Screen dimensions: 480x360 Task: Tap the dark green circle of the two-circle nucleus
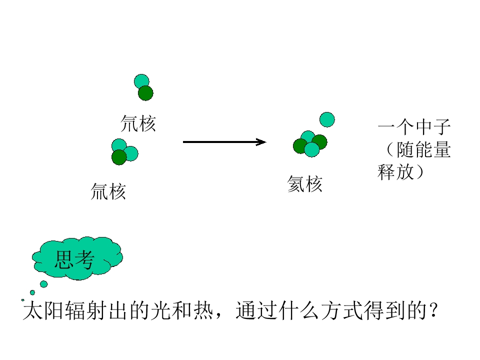pyautogui.click(x=145, y=93)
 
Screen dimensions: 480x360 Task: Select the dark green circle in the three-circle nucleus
pyautogui.click(x=119, y=157)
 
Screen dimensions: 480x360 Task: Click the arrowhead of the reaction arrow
pyautogui.click(x=261, y=142)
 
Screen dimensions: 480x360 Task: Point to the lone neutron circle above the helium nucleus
pyautogui.click(x=327, y=119)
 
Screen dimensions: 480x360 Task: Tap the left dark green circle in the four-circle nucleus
pyautogui.click(x=300, y=146)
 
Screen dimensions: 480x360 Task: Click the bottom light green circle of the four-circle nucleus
pyautogui.click(x=312, y=149)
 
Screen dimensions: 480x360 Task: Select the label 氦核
pyautogui.click(x=304, y=184)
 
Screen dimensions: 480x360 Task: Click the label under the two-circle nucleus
pyautogui.click(x=138, y=123)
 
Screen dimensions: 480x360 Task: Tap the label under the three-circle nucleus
pyautogui.click(x=108, y=191)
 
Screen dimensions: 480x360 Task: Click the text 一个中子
pyautogui.click(x=414, y=126)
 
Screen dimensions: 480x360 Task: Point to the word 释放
pyautogui.click(x=395, y=171)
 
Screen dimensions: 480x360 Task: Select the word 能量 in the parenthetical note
pyautogui.click(x=432, y=149)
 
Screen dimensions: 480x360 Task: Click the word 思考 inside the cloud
pyautogui.click(x=74, y=259)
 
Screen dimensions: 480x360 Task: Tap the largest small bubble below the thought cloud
pyautogui.click(x=44, y=284)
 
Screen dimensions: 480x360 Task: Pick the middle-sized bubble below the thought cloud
pyautogui.click(x=32, y=292)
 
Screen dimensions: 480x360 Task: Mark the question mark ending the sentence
pyautogui.click(x=433, y=310)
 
